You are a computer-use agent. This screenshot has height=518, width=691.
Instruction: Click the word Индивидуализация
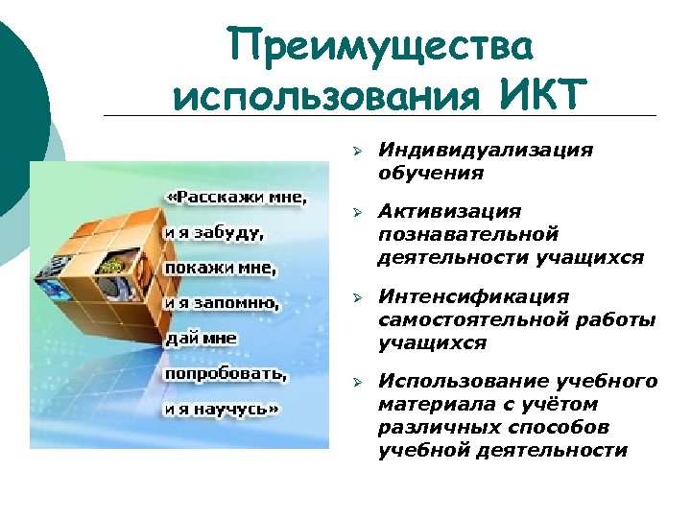485,151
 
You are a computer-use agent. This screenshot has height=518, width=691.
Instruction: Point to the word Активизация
449,210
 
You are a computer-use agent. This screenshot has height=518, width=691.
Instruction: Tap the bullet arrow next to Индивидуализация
355,152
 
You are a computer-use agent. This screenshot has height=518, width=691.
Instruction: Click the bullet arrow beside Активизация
355,211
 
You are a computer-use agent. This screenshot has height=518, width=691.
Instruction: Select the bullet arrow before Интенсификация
355,297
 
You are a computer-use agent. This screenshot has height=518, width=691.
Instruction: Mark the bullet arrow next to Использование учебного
355,383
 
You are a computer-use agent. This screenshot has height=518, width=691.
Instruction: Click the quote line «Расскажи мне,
236,198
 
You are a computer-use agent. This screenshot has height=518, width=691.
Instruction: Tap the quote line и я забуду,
215,231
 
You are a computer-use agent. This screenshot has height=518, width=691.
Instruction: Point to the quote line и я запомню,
222,302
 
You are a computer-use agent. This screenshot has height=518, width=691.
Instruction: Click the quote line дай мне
201,338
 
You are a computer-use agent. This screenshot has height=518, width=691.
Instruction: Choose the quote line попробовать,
225,372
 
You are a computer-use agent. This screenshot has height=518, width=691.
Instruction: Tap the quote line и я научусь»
222,408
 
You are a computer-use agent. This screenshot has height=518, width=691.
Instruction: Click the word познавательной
468,233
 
